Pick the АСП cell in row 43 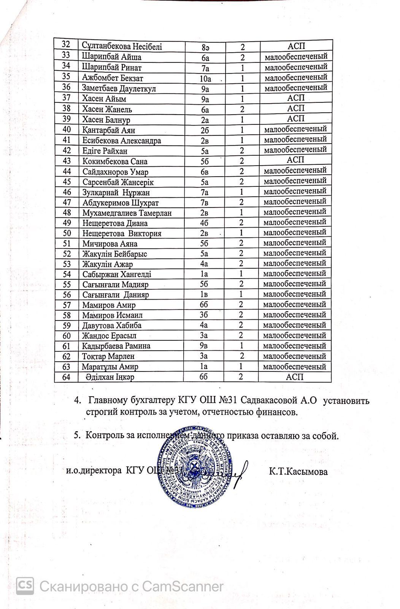tap(296, 160)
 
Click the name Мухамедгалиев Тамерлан tap(127, 213)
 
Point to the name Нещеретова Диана tap(115, 223)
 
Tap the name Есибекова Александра tap(122, 140)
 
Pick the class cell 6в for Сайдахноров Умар tap(205, 172)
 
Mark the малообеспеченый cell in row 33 tap(296, 57)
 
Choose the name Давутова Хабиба tap(112, 325)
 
